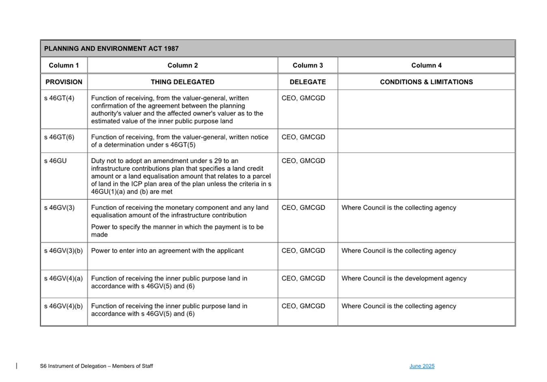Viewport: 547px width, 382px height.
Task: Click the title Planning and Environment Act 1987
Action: tap(111, 49)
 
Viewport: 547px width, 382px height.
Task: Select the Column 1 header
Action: tap(64, 65)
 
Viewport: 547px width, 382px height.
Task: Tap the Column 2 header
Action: tap(183, 65)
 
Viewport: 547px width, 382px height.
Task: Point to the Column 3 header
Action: tap(308, 65)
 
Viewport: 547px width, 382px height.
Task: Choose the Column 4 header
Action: tap(426, 65)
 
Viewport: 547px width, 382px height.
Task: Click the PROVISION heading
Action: tap(64, 82)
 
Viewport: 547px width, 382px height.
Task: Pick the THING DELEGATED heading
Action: tap(183, 82)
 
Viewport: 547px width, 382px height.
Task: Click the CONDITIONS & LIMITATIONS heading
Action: tap(426, 82)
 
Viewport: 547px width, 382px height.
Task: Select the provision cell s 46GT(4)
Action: tap(59, 98)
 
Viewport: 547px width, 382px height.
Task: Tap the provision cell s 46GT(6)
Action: tap(59, 137)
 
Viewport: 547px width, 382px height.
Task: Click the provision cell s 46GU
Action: tap(55, 161)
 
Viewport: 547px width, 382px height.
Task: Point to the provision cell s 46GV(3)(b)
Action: tap(63, 251)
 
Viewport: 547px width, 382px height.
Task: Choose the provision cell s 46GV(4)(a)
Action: tap(63, 278)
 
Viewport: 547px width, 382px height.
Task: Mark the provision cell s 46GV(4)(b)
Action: tap(63, 306)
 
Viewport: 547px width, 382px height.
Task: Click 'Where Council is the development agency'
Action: tap(404, 278)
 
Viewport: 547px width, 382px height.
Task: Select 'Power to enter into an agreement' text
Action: tap(167, 251)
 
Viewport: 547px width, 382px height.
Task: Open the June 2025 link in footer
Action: tap(422, 366)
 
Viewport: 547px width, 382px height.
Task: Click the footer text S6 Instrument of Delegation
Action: tap(97, 366)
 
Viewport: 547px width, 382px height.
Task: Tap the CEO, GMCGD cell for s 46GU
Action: tap(303, 161)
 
